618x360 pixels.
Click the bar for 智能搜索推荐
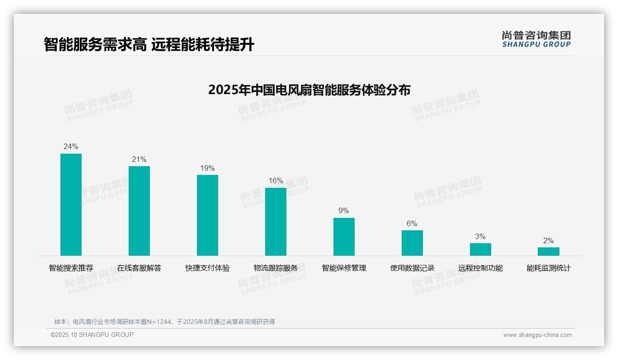(x=71, y=204)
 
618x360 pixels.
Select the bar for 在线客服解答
(x=139, y=211)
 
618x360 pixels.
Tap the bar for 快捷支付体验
(x=208, y=215)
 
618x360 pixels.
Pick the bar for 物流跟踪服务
(x=276, y=222)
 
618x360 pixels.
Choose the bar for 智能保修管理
(x=344, y=237)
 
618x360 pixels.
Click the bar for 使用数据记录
(x=412, y=243)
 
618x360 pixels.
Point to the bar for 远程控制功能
(x=481, y=249)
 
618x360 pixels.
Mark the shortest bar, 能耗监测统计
(x=548, y=252)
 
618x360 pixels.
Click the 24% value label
(x=71, y=147)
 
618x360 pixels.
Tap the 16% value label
(x=276, y=181)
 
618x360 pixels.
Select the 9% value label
(x=344, y=211)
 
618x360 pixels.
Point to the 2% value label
(x=548, y=241)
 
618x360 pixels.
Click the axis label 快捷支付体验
(x=208, y=268)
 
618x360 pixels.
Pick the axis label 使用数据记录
(x=412, y=268)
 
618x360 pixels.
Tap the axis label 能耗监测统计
(x=548, y=268)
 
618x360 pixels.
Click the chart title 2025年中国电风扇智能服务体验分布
(x=309, y=90)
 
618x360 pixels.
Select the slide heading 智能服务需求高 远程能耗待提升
(x=149, y=45)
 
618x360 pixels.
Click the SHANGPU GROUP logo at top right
(x=536, y=39)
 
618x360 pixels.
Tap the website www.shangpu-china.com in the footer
(x=537, y=335)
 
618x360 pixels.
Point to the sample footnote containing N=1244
(x=165, y=322)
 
